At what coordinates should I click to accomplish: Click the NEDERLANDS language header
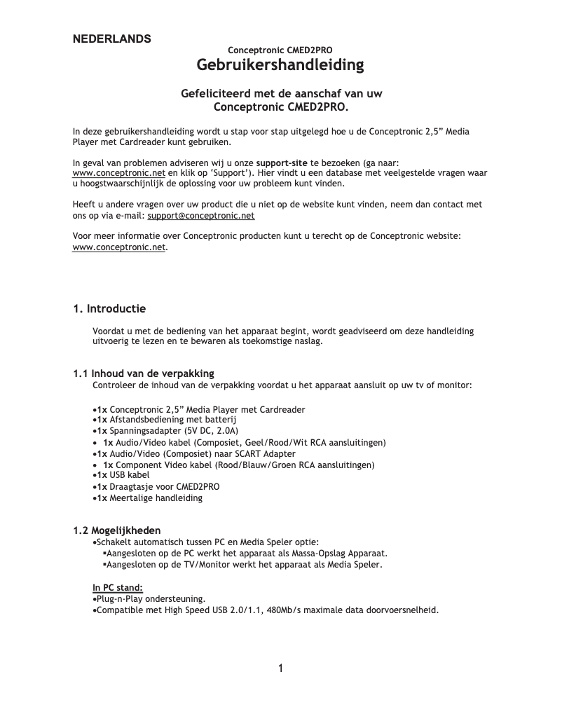tap(112, 39)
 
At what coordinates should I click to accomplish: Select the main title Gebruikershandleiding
tap(280, 65)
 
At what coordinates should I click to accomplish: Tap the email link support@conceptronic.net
tap(201, 216)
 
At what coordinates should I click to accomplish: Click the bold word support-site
tap(285, 162)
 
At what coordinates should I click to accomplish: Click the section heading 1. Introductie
tap(109, 308)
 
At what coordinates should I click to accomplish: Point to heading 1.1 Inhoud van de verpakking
tap(144, 373)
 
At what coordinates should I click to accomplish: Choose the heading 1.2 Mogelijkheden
tap(117, 530)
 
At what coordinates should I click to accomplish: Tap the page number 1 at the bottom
tap(280, 668)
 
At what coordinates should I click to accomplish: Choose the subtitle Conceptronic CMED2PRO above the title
tap(280, 50)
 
